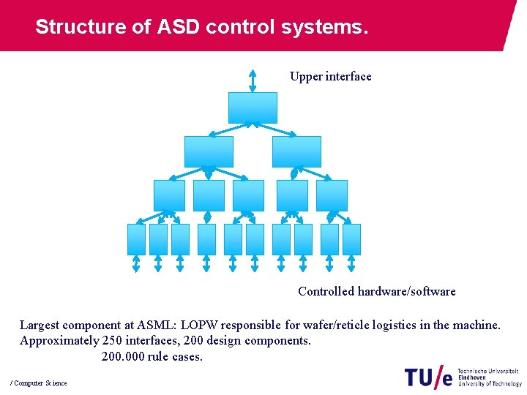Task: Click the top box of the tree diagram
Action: click(x=253, y=108)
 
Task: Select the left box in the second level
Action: click(x=209, y=151)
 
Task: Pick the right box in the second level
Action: click(x=296, y=151)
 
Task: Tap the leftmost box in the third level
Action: click(x=169, y=195)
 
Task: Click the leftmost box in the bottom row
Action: click(x=137, y=239)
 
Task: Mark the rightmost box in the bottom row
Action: click(x=351, y=239)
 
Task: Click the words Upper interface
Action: click(x=330, y=76)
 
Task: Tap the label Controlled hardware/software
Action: click(x=376, y=291)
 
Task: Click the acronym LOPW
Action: click(x=200, y=325)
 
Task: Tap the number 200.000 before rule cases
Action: click(x=123, y=357)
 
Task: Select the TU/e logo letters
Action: click(x=428, y=377)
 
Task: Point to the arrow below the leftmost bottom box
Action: click(x=136, y=263)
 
